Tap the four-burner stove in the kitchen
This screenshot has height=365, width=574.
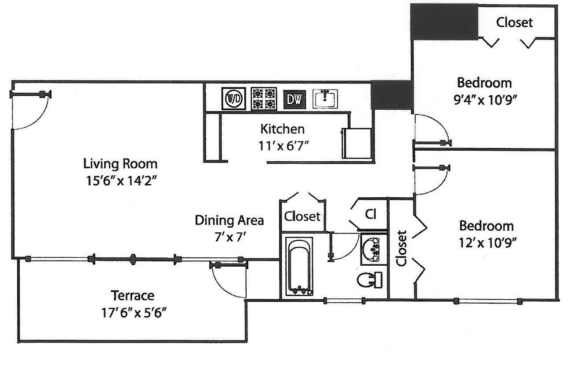pos(264,98)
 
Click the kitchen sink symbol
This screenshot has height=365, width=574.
pos(325,98)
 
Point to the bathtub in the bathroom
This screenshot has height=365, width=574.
pos(300,267)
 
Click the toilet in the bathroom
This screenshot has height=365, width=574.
pos(369,280)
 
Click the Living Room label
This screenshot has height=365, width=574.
pos(120,164)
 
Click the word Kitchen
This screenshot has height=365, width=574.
pos(282,129)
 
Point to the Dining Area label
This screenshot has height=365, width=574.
pos(229,220)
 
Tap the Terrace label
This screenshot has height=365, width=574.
pos(132,295)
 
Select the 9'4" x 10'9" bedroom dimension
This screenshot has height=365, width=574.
pos(484,100)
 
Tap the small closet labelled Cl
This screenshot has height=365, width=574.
pos(371,214)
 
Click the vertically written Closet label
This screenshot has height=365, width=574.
pos(401,248)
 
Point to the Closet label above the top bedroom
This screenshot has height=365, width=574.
pos(514,22)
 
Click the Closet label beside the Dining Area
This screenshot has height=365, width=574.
pos(302,217)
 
